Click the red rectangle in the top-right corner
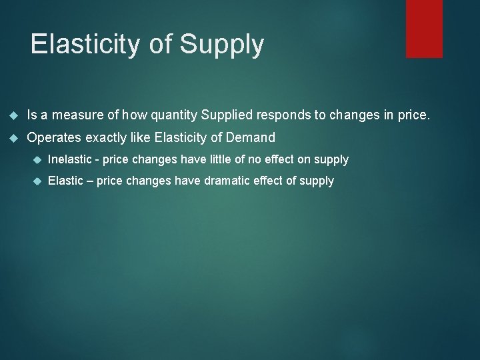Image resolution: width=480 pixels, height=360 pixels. (x=424, y=28)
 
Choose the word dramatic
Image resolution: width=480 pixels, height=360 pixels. (x=203, y=181)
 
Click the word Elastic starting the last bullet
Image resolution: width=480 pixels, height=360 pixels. (x=65, y=181)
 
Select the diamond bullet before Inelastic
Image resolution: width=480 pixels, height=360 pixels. (x=37, y=160)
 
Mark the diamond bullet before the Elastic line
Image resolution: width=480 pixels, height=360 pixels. (x=37, y=181)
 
